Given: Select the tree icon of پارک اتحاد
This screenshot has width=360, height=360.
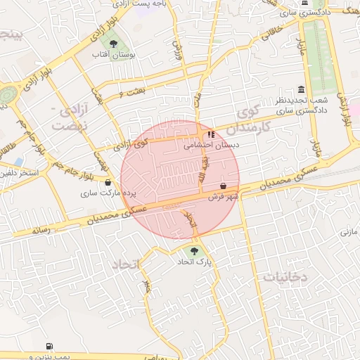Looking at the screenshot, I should [x=195, y=250].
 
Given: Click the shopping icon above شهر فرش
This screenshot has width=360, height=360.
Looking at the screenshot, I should [x=224, y=186].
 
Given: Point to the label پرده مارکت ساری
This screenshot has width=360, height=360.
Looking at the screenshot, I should [x=108, y=193].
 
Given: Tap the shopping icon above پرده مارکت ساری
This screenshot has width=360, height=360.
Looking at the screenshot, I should [x=108, y=182].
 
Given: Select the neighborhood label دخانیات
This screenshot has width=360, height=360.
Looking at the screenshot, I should [x=285, y=277].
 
